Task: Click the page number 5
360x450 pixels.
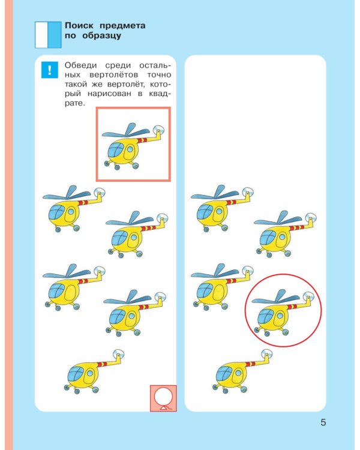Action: [323, 422]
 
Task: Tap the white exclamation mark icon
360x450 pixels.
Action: [50, 70]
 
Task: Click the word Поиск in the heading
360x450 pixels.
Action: [79, 26]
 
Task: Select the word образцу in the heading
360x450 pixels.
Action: [101, 36]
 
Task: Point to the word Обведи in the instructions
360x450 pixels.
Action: [80, 65]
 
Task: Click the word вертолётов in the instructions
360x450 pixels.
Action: [113, 75]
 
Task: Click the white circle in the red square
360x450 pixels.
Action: [163, 397]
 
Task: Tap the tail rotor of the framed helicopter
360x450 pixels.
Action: [159, 130]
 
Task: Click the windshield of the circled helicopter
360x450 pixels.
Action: [266, 316]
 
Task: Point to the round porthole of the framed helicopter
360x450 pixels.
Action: [130, 149]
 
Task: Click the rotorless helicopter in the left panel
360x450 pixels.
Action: [94, 371]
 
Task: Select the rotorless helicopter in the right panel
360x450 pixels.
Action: [242, 371]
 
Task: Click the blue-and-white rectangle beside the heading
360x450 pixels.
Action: [48, 35]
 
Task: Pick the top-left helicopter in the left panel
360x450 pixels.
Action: [74, 209]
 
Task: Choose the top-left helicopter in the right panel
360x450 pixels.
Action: [222, 208]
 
